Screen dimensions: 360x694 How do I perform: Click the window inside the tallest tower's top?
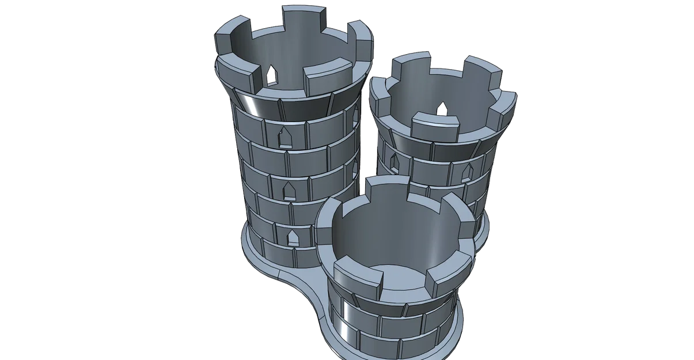click(271, 74)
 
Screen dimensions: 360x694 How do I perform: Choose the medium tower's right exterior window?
click(467, 170)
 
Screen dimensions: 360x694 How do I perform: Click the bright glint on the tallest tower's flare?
click(253, 107)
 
